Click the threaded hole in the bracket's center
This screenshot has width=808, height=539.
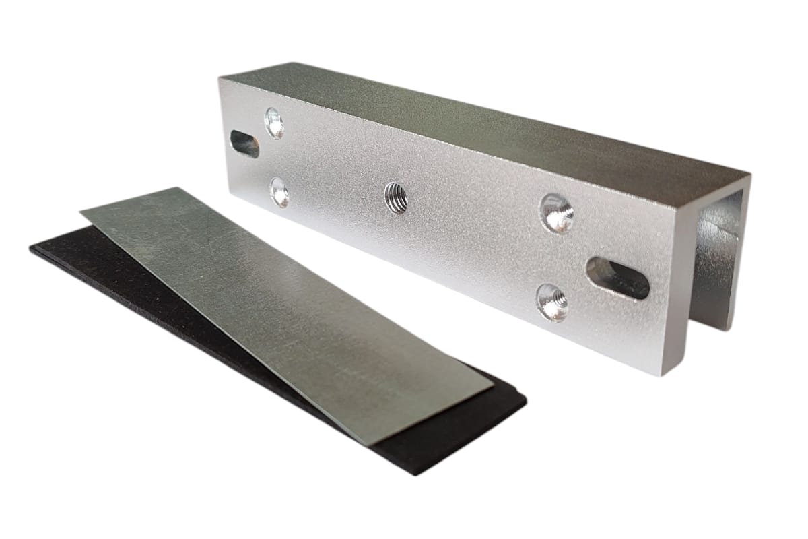click(396, 197)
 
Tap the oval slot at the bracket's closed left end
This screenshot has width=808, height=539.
click(244, 143)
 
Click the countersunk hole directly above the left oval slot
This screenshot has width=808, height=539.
click(274, 123)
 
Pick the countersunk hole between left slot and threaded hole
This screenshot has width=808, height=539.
click(279, 192)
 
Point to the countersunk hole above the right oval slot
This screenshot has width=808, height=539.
click(557, 213)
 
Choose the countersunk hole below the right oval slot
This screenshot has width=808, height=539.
click(552, 302)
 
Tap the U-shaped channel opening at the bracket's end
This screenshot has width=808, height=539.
click(717, 263)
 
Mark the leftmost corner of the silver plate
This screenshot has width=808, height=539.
click(81, 214)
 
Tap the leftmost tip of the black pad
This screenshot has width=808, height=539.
click(30, 250)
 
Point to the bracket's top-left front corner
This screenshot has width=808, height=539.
click(220, 78)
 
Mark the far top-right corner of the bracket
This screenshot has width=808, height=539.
click(749, 173)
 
